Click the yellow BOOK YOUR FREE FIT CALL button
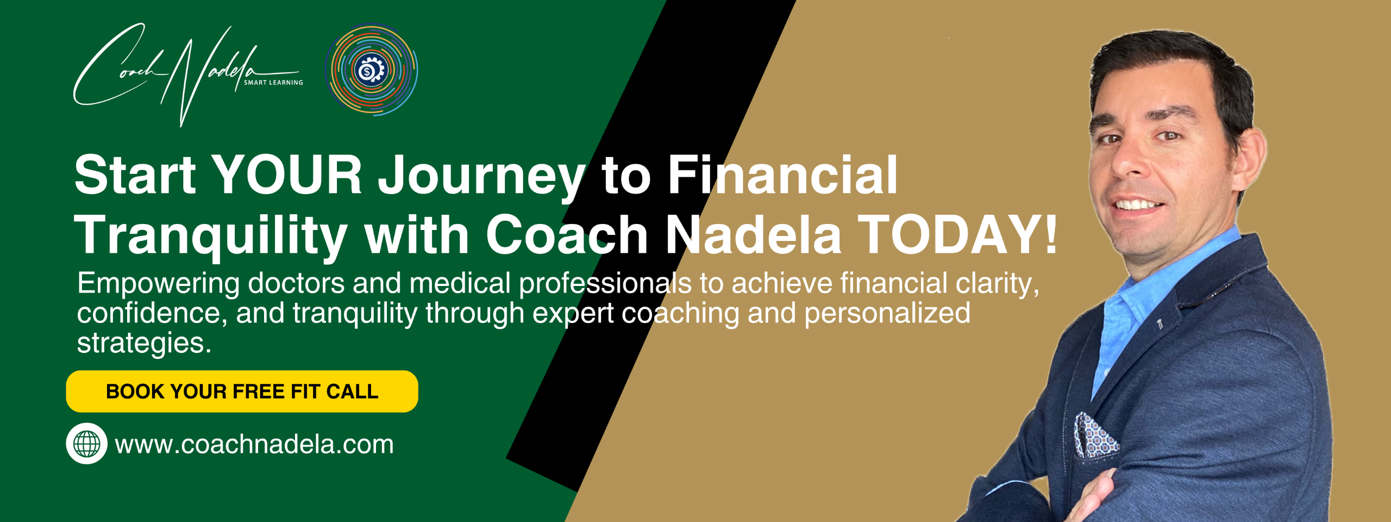pos(242,391)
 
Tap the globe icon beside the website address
pos(86,444)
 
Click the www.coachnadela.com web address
pos(254,445)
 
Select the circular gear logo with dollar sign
pos(372,70)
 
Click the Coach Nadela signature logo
pos(187,73)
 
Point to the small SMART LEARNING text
pos(273,83)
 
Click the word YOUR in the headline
pos(286,175)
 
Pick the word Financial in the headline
pos(783,175)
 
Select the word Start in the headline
pos(135,175)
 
